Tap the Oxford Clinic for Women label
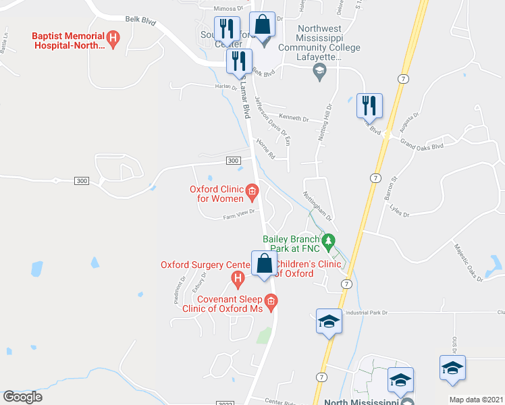point(216,194)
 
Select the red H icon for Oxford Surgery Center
point(237,277)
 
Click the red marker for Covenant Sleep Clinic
point(271,302)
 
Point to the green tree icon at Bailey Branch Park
point(329,240)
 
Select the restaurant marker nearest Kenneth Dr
point(369,106)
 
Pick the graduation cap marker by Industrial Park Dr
point(329,321)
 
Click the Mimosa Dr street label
point(228,9)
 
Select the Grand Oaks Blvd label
point(422,145)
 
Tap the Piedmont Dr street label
point(179,291)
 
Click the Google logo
point(22,397)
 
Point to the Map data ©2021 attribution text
point(475,400)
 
